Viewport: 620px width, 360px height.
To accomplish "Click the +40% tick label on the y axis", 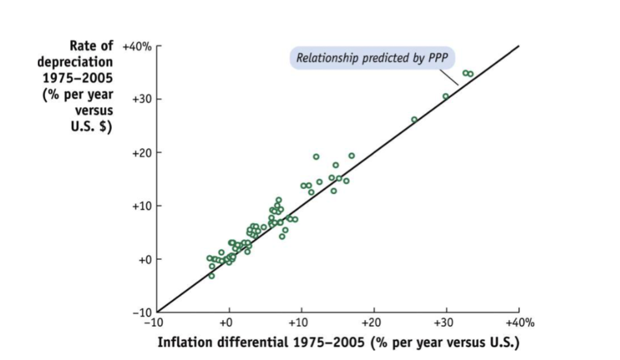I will pyautogui.click(x=137, y=47).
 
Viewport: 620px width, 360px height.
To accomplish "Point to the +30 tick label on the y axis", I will pyautogui.click(x=141, y=99).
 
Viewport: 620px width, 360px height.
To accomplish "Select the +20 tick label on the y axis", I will pyautogui.click(x=141, y=152).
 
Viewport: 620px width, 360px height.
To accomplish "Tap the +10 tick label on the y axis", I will pyautogui.click(x=141, y=206).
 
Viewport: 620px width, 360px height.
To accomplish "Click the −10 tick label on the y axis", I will pyautogui.click(x=141, y=313).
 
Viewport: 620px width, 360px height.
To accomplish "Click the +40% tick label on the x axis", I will pyautogui.click(x=520, y=323).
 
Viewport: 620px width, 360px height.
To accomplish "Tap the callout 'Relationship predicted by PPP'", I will pyautogui.click(x=372, y=58).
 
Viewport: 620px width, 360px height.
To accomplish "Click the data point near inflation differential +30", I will pyautogui.click(x=446, y=96).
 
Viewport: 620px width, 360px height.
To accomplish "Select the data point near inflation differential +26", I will pyautogui.click(x=414, y=120).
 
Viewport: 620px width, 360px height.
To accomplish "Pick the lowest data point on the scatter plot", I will pyautogui.click(x=211, y=276).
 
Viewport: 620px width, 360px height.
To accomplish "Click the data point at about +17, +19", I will pyautogui.click(x=351, y=156).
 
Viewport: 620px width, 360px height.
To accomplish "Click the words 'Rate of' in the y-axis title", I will pyautogui.click(x=92, y=46).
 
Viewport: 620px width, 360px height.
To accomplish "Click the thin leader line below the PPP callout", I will pyautogui.click(x=449, y=77).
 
